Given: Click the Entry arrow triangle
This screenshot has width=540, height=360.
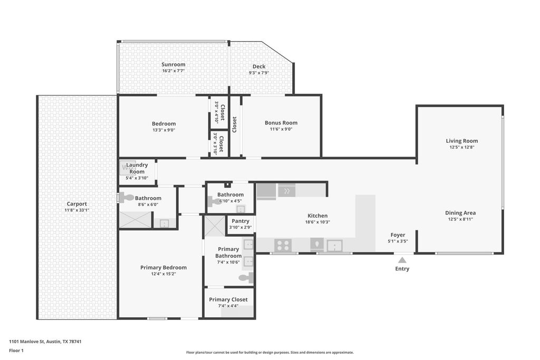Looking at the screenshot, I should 402,259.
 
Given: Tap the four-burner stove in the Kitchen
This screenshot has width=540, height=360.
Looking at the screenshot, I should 283,245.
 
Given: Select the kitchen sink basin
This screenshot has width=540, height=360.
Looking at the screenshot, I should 334,245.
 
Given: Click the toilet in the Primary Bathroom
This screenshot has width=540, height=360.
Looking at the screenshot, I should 245,278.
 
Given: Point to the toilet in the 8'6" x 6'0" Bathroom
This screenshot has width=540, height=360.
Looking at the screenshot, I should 127,198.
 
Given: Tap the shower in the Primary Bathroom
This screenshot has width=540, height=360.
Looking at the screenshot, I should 214,226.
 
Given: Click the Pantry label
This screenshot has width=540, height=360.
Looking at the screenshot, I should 240,221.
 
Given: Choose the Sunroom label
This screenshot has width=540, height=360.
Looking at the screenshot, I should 173,65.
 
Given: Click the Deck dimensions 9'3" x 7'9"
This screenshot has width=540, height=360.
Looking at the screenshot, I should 259,73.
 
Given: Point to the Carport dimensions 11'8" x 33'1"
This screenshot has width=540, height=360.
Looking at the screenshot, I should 76,210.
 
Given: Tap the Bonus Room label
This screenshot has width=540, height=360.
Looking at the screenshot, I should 281,123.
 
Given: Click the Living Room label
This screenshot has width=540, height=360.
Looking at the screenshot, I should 461,141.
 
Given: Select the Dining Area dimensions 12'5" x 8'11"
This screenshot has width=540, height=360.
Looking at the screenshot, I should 461,219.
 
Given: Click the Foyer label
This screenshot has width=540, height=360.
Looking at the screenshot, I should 398,235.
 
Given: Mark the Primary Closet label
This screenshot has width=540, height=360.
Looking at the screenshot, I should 228,299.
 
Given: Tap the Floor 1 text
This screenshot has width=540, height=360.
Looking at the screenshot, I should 17,350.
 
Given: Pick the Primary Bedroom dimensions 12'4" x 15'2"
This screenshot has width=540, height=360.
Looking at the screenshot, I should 163,274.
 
